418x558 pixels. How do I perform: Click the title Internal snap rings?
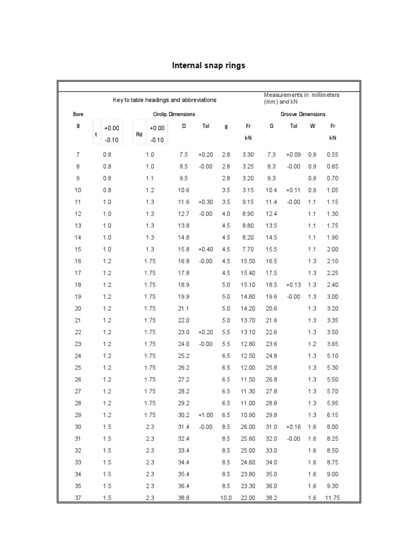click(208, 65)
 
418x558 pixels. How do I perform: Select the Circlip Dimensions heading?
click(174, 114)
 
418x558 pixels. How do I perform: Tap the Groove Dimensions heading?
click(303, 114)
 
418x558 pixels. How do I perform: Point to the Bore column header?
click(78, 114)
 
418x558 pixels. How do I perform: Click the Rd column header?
click(139, 134)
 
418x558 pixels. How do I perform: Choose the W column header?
click(312, 126)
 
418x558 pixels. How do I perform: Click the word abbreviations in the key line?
click(195, 100)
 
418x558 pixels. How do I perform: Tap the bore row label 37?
click(78, 498)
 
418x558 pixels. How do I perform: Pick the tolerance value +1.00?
click(206, 415)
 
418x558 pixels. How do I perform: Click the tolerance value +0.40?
click(206, 250)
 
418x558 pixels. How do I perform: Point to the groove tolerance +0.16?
click(293, 427)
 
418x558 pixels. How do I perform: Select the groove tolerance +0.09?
click(293, 155)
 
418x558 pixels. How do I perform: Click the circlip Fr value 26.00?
click(248, 427)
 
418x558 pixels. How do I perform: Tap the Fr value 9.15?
click(248, 202)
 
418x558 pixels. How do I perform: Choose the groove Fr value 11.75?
click(332, 498)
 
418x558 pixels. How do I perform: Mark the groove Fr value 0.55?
click(333, 155)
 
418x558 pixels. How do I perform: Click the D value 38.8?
click(183, 498)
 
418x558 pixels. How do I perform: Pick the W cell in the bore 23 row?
click(312, 344)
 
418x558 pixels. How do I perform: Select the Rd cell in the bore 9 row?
click(150, 178)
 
